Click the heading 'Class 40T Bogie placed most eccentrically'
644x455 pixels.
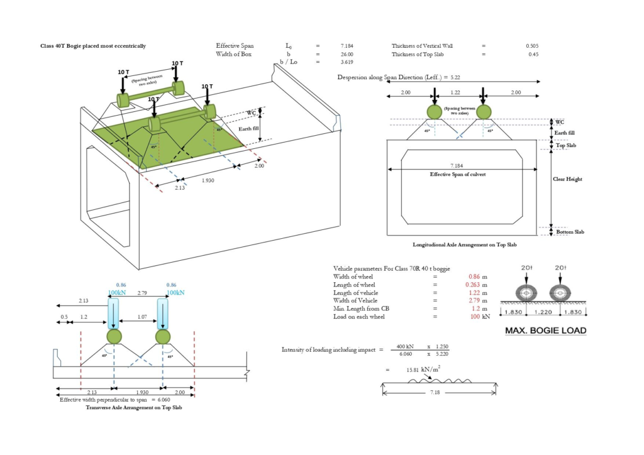pos(93,46)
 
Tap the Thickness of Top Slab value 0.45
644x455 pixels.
pos(533,54)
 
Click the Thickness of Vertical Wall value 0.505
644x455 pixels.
pos(532,46)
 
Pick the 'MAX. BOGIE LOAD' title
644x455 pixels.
pos(545,331)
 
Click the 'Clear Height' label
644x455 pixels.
pos(567,179)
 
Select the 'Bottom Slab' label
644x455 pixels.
pos(570,232)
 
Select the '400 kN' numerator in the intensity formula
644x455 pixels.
pos(406,347)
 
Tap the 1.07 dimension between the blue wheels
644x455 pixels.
pos(143,317)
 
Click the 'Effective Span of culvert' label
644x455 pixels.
pos(457,173)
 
